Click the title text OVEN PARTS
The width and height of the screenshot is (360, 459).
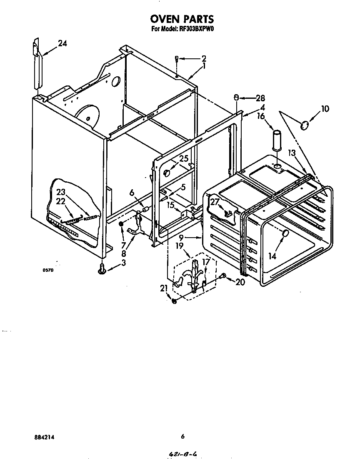182,19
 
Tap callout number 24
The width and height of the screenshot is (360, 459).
62,43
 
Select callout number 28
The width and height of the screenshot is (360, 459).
260,98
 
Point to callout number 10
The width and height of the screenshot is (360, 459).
325,109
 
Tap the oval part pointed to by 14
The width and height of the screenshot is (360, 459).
285,234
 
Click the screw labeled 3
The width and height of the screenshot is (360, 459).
101,270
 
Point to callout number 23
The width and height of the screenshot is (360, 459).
61,192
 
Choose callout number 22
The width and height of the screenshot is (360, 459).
61,201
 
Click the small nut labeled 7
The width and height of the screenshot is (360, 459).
121,225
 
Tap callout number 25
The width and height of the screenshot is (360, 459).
184,158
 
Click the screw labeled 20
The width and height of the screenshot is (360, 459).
224,276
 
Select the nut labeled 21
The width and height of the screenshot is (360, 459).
174,301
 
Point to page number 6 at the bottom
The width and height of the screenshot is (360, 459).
182,436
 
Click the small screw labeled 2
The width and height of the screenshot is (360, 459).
177,59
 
